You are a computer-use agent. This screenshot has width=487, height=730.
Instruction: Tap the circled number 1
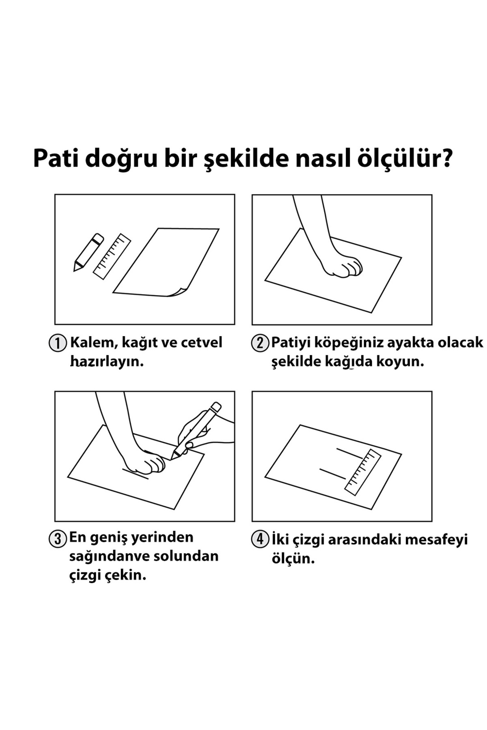(57, 343)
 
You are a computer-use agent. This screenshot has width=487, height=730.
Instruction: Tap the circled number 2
(260, 343)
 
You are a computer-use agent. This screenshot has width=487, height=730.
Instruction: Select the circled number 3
(57, 539)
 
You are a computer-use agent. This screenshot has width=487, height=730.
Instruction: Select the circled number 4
(260, 540)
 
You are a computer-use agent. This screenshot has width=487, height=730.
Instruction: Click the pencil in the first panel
(88, 252)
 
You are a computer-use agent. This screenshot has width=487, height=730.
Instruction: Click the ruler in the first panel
(112, 256)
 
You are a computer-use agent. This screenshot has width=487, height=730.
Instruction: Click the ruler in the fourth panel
(363, 472)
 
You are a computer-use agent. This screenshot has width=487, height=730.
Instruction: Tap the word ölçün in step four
(293, 559)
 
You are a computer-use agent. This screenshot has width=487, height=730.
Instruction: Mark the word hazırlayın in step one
(107, 362)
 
